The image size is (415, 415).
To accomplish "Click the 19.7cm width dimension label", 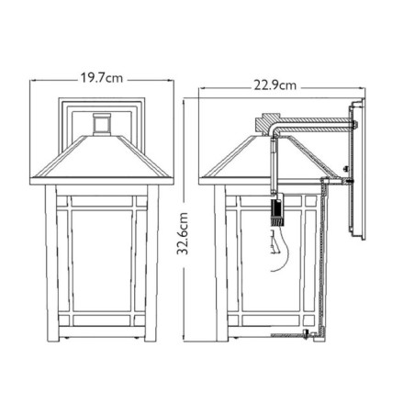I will (x=104, y=79).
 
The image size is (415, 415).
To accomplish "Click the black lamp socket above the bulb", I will (x=273, y=214).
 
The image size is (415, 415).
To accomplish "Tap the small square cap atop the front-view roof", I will (x=103, y=122).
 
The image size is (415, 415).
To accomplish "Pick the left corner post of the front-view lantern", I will (x=51, y=262).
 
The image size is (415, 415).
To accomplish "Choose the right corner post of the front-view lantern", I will (x=152, y=262).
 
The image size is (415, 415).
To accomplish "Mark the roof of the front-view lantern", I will (x=103, y=156).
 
